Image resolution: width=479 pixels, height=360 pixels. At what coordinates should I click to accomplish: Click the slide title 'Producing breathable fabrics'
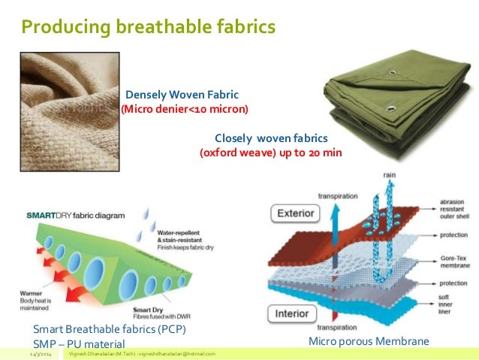coord(148,28)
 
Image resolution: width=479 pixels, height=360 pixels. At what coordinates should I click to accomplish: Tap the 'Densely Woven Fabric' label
coord(182,95)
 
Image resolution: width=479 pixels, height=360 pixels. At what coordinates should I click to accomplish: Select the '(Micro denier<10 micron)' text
coord(185,110)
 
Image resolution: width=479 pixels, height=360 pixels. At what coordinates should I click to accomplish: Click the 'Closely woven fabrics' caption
coord(271,139)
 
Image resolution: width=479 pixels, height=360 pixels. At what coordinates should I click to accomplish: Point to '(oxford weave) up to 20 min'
coord(270,153)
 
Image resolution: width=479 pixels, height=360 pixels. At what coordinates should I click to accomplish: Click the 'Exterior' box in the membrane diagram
coord(296,213)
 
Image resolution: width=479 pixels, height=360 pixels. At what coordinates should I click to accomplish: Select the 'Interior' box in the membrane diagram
coord(294,313)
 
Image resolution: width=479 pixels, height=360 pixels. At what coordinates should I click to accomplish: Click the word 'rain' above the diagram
coord(389,175)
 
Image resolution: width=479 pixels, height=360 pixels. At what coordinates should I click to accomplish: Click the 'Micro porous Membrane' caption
coord(369,342)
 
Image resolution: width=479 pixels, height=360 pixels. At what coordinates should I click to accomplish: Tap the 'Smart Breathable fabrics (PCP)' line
coord(110,329)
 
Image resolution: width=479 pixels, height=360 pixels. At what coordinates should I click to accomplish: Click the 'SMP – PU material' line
coord(79,343)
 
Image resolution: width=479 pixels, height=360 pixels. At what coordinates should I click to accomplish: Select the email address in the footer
coord(177,353)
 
